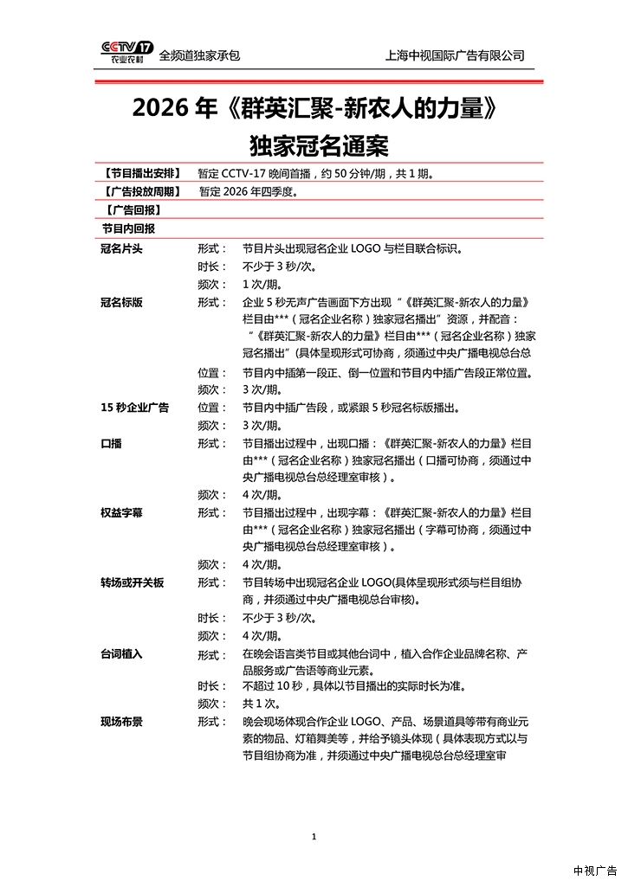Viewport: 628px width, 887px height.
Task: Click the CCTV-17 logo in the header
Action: click(126, 54)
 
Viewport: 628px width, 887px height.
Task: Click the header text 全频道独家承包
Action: click(199, 55)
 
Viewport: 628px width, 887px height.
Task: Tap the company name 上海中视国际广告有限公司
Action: click(455, 55)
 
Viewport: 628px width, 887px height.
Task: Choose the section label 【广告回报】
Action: click(131, 210)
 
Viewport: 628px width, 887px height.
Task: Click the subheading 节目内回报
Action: click(128, 228)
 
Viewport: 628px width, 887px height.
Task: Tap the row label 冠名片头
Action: click(122, 248)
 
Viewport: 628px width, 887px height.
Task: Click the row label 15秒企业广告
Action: click(134, 408)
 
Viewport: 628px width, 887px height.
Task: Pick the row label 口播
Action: click(111, 442)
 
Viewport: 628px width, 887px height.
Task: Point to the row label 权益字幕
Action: click(122, 512)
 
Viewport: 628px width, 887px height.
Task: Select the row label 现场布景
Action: click(122, 722)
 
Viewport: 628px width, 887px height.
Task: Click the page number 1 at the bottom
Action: click(314, 836)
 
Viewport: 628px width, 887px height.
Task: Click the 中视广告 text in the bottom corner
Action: click(594, 870)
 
